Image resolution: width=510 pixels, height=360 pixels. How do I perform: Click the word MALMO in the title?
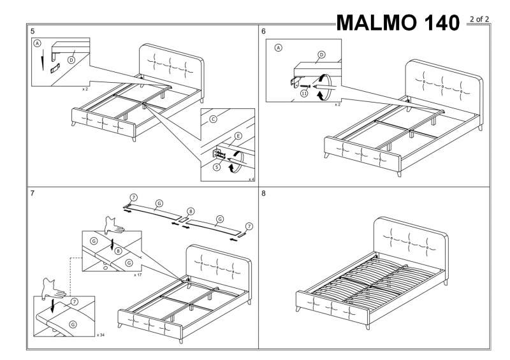(375, 23)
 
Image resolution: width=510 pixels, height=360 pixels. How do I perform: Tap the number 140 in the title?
(439, 23)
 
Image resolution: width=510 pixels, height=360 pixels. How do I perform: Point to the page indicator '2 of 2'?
(479, 18)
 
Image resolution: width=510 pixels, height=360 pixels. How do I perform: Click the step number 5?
(33, 31)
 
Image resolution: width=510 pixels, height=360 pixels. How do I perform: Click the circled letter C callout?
(213, 119)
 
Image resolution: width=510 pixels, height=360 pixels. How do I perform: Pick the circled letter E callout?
(237, 136)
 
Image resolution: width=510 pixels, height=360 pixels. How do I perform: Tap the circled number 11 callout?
(303, 94)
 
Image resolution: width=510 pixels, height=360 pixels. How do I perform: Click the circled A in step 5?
(37, 43)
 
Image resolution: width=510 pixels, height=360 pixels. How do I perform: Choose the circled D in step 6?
(321, 55)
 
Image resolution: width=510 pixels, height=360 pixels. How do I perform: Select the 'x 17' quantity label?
(138, 275)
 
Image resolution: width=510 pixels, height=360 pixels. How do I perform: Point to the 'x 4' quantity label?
(251, 180)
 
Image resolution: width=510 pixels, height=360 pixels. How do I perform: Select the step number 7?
(33, 193)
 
